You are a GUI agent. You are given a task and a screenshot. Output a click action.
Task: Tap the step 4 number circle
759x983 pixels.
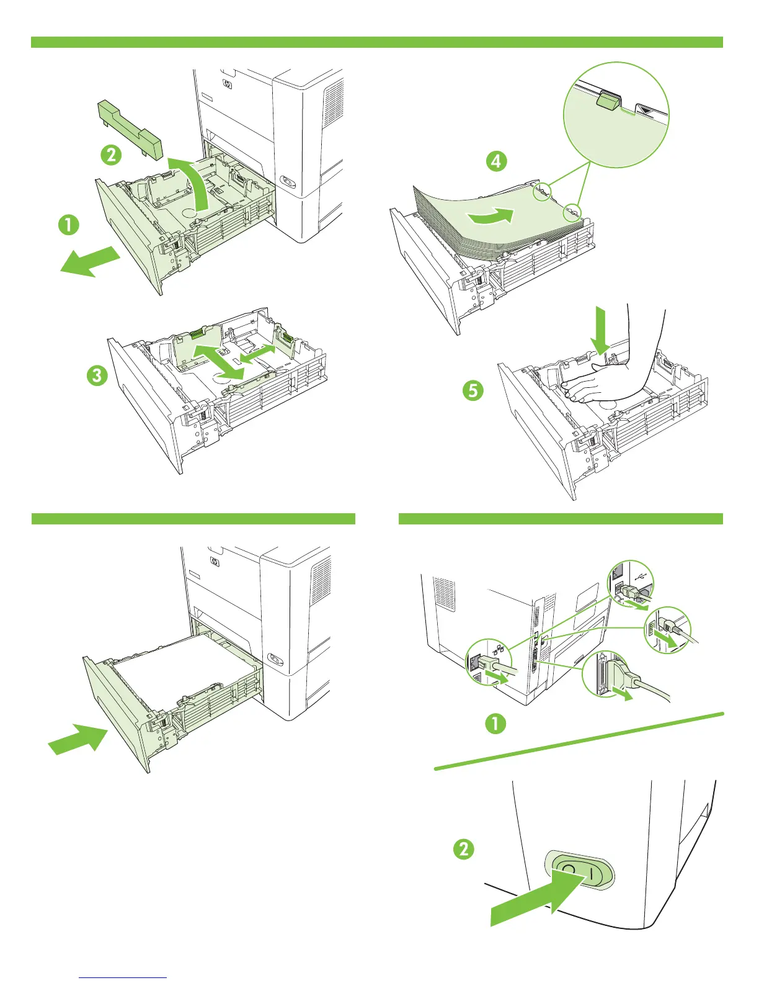click(x=496, y=161)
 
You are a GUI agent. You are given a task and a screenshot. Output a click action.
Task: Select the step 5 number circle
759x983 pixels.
click(x=473, y=391)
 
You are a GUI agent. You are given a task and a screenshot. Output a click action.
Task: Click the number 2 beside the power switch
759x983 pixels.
click(x=464, y=848)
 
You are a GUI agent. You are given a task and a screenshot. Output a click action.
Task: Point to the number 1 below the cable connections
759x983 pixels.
click(x=495, y=724)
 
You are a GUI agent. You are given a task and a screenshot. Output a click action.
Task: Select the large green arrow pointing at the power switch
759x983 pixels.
click(x=533, y=899)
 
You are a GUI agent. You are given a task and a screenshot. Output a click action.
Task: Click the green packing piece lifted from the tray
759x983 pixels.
click(x=129, y=128)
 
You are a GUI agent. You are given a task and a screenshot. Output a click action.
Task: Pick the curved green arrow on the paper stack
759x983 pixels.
click(x=492, y=218)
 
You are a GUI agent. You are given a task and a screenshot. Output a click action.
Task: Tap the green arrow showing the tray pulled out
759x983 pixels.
click(x=90, y=261)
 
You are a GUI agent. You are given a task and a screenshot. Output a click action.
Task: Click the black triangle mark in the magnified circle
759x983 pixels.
click(x=648, y=110)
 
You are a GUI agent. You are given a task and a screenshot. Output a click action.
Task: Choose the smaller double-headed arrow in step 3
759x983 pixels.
click(x=258, y=354)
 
